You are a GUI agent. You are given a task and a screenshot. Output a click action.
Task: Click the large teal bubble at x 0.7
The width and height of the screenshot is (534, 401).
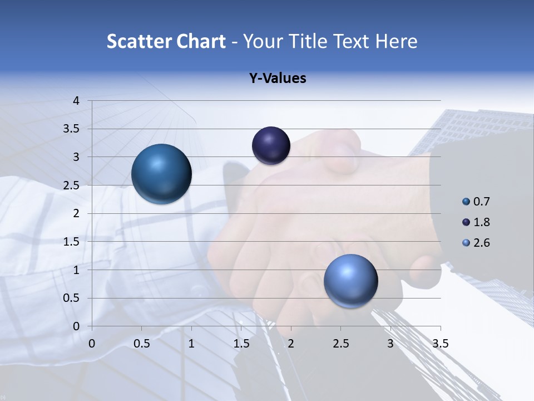pos(162,174)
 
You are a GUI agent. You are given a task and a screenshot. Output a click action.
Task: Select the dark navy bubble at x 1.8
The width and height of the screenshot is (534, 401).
pos(271,145)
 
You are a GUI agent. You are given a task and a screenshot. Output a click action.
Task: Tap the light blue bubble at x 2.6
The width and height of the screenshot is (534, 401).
pos(350,280)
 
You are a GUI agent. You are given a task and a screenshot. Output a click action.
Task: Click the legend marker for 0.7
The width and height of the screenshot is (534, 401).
pos(466,202)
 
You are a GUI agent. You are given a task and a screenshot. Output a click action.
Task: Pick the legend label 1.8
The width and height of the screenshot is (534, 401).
pos(482,222)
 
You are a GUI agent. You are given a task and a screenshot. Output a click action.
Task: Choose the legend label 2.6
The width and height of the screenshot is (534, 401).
pos(482,243)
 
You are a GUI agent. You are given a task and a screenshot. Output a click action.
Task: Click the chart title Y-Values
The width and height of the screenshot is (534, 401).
pos(278,79)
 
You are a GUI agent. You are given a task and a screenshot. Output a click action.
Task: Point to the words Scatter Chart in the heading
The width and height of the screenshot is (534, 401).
pos(166,41)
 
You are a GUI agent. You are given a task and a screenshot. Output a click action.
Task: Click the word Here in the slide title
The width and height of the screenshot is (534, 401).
pos(396,41)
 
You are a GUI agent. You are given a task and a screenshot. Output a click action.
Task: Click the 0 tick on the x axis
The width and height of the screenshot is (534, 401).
pos(92,344)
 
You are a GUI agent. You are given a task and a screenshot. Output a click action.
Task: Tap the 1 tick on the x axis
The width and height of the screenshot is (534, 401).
pos(191,344)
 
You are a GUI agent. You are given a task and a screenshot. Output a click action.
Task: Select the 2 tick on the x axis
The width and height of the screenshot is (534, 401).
pos(291,344)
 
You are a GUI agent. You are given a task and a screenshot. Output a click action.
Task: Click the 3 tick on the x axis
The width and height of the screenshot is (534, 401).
pos(390,344)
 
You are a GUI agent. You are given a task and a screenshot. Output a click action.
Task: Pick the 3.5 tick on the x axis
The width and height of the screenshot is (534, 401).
pos(440,344)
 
